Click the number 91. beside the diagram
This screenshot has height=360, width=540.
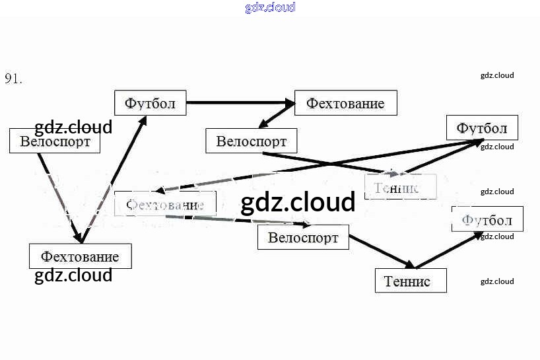tap(14, 79)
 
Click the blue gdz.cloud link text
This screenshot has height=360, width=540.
tap(270, 7)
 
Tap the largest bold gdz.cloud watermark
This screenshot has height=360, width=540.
tap(298, 203)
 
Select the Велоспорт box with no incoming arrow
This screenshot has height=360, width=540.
tap(55, 141)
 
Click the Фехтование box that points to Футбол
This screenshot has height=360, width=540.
tap(80, 256)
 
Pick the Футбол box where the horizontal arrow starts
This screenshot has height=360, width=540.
tap(150, 103)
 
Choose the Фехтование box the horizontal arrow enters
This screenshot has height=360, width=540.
tap(345, 104)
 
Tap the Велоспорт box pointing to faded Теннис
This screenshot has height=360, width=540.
tap(251, 141)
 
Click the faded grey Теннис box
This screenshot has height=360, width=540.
tap(401, 188)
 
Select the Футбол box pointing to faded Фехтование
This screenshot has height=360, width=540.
tap(482, 127)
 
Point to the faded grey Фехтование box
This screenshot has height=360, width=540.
tap(165, 204)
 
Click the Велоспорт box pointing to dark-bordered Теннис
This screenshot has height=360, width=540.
tap(303, 237)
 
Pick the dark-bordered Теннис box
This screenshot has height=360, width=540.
tap(411, 281)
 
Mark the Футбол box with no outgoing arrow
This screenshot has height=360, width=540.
tap(487, 219)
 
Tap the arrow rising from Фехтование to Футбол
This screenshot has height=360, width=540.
tap(112, 178)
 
